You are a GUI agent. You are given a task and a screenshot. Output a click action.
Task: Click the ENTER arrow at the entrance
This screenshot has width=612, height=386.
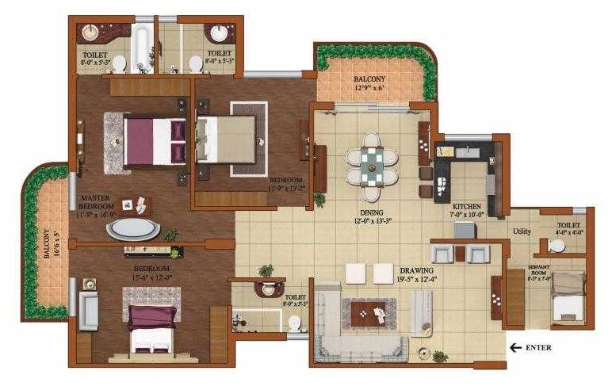click(516, 347)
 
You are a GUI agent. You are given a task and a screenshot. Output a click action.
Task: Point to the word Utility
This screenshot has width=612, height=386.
click(522, 231)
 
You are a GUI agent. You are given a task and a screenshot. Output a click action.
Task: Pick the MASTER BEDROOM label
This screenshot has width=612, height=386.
click(95, 204)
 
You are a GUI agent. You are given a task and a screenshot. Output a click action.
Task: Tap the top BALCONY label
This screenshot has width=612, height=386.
click(369, 79)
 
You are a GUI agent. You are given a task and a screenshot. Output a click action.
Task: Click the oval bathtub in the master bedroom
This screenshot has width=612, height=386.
click(133, 230)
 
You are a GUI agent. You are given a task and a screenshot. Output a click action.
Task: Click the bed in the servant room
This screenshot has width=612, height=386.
click(568, 298)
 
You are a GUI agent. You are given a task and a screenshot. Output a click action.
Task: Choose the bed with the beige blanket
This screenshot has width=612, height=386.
click(226, 139)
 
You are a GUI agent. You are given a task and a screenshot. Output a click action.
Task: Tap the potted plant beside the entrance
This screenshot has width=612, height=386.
click(438, 357)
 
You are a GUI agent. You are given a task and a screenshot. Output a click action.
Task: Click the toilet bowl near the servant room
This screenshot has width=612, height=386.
click(557, 247)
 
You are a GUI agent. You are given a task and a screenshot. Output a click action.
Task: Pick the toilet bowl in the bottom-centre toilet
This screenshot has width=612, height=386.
click(294, 323)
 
